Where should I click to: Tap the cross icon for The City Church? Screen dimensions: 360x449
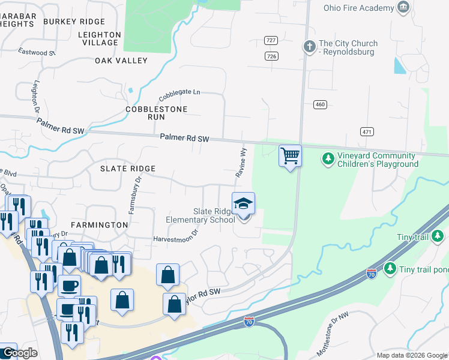point(309,46)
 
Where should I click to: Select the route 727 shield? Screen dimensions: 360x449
point(271,40)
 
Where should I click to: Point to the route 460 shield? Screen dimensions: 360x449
point(320,104)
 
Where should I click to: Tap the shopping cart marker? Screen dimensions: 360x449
point(290,156)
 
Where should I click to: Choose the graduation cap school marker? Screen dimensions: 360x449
point(243,204)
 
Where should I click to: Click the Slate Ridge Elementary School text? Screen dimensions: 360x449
point(214,215)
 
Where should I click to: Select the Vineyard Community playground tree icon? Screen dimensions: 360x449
point(328,159)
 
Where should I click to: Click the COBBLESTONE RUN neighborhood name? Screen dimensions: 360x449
point(156,113)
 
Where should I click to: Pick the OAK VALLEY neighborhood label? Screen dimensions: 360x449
point(121,61)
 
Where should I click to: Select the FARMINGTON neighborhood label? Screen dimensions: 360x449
point(99,224)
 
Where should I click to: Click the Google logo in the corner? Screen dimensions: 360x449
point(19,353)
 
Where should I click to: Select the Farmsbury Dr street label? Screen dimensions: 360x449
point(134,196)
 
